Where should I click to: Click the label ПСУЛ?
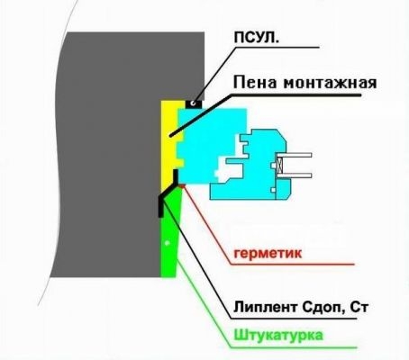click(x=256, y=38)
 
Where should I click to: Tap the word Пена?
click(x=254, y=82)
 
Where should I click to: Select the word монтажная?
click(x=330, y=83)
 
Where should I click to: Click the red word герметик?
click(x=268, y=254)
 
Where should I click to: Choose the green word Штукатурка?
click(x=278, y=335)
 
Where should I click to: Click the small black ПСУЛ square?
click(x=194, y=103)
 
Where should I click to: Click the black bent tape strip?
click(x=168, y=191)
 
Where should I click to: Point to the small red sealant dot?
click(x=181, y=186)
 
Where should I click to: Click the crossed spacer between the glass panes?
click(x=279, y=165)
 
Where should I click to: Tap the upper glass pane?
click(x=294, y=155)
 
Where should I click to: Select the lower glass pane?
click(x=294, y=175)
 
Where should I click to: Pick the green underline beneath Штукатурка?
click(x=295, y=347)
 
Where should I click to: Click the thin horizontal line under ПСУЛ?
click(x=277, y=47)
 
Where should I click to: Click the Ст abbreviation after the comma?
click(x=359, y=308)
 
